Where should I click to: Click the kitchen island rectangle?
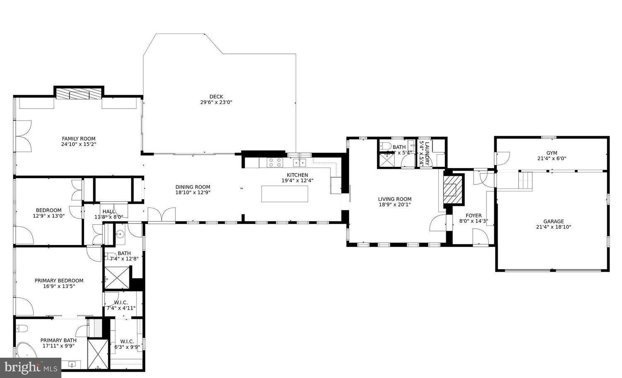point(284,194)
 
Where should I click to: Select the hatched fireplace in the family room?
point(79,94)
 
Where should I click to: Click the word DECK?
point(216,97)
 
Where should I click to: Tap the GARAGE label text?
point(554,222)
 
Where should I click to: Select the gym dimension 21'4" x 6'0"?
point(552,158)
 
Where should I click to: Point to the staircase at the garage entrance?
point(525,180)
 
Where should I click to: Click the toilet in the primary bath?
point(22,329)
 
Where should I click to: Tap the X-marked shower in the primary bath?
point(98,353)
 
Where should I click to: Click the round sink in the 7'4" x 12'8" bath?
point(120,234)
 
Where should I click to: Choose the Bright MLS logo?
point(31,368)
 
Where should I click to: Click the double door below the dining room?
point(161,215)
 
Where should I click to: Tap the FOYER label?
point(474,215)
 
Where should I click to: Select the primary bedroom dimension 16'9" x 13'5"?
point(59,286)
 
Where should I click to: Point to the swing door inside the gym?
point(503,158)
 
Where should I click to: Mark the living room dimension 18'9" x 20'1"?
point(395,205)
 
